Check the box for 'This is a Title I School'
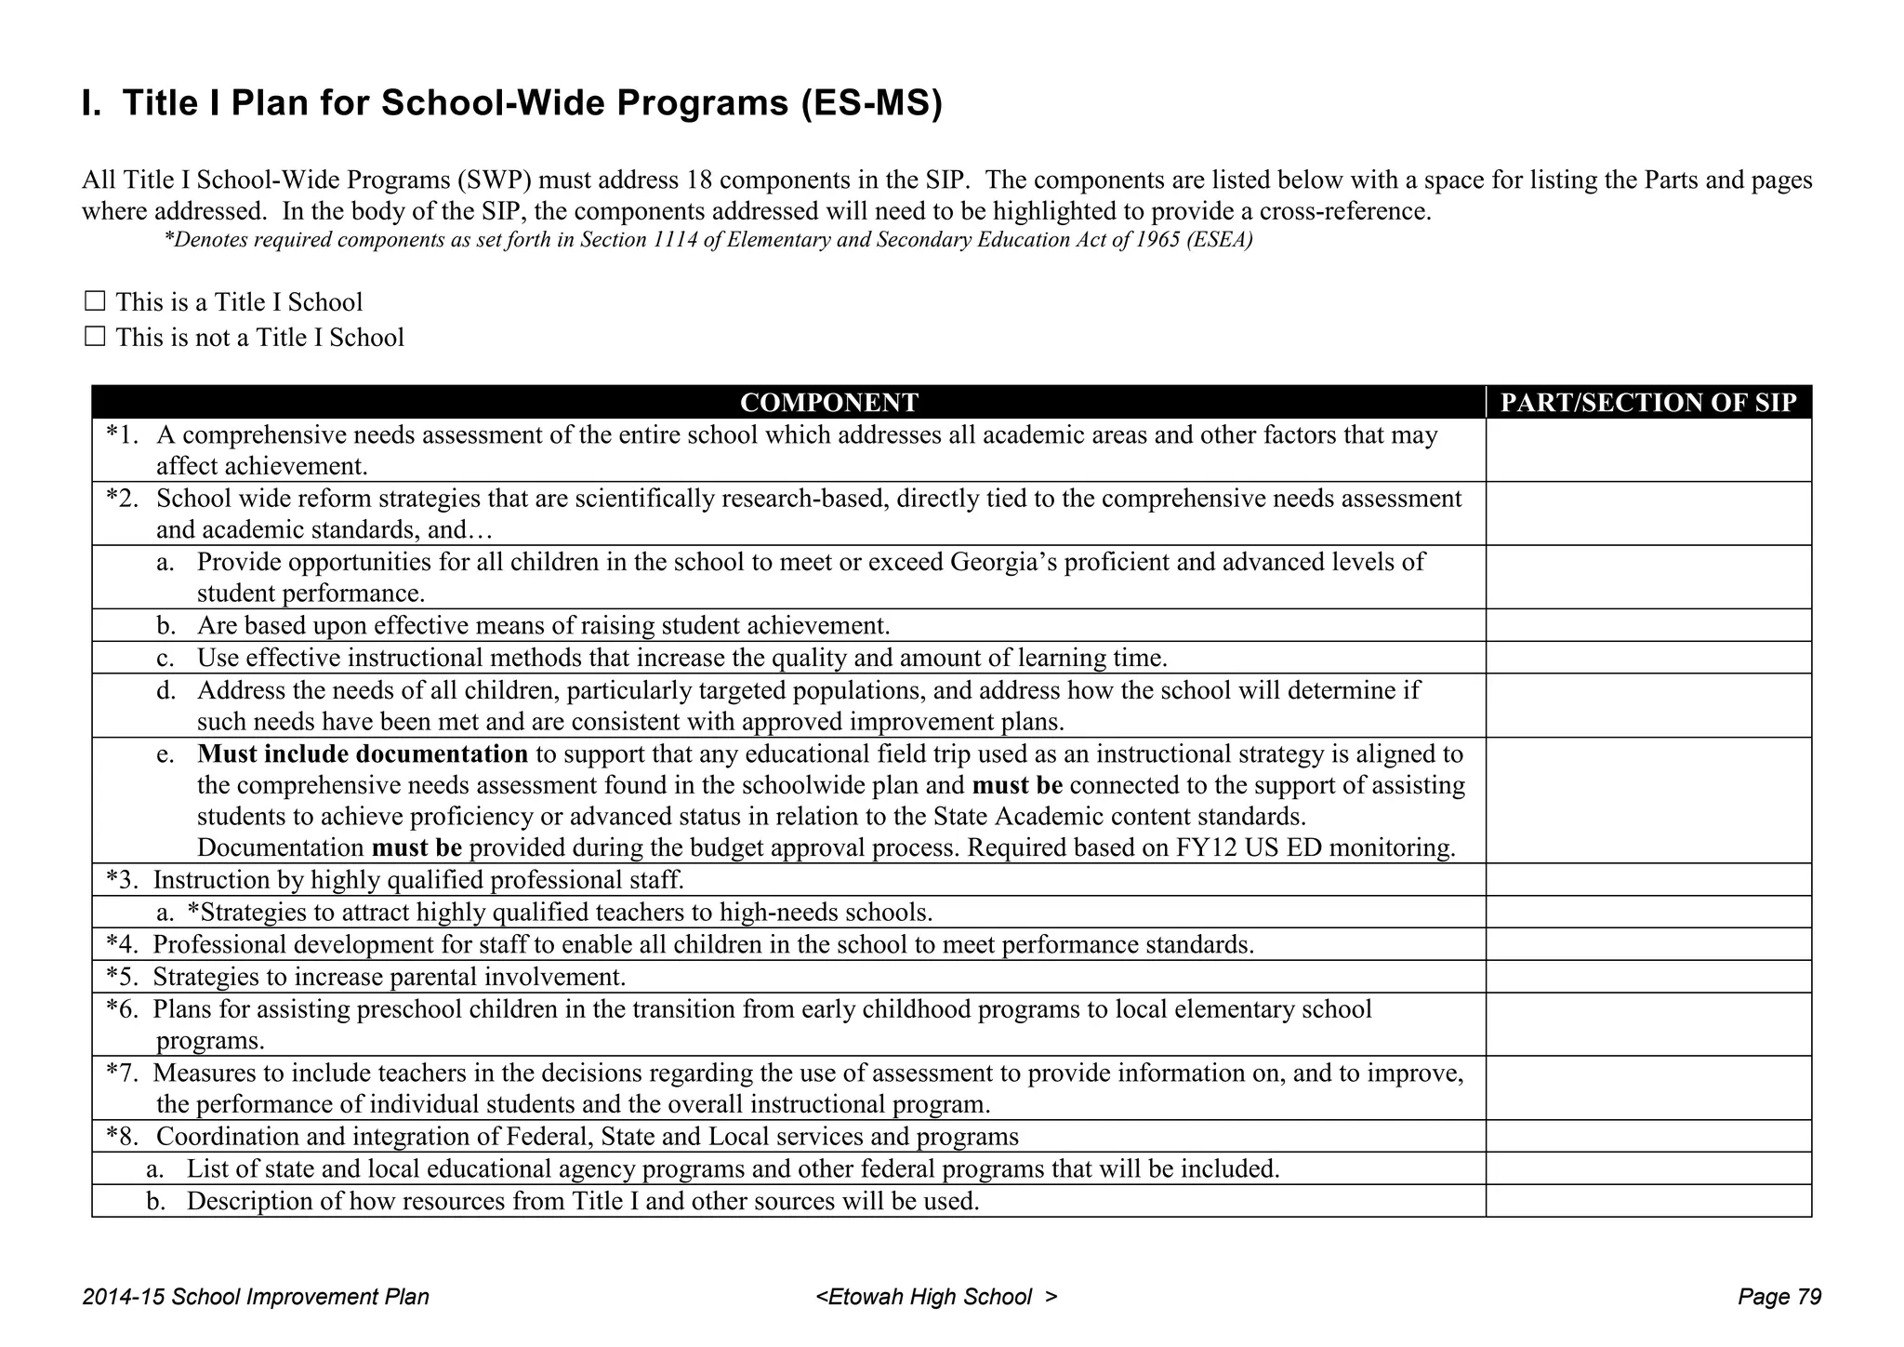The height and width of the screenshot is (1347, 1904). (94, 301)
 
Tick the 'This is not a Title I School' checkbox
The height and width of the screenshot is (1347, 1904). (94, 337)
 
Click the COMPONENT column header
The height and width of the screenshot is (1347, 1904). (828, 402)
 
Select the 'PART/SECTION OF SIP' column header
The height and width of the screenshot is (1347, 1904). (1648, 402)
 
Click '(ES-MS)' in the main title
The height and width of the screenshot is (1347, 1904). (871, 102)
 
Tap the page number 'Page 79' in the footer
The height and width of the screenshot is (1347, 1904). (1779, 1297)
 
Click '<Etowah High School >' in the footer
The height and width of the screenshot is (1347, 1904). (936, 1297)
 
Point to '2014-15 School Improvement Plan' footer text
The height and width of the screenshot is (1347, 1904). (256, 1297)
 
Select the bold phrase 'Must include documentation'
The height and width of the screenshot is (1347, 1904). (363, 754)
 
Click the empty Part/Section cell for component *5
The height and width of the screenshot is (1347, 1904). (1648, 977)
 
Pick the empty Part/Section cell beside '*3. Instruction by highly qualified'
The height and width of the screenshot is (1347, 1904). (1648, 880)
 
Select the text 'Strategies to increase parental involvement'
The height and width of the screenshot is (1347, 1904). (389, 977)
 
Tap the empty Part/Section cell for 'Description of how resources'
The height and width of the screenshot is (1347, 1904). (1648, 1201)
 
